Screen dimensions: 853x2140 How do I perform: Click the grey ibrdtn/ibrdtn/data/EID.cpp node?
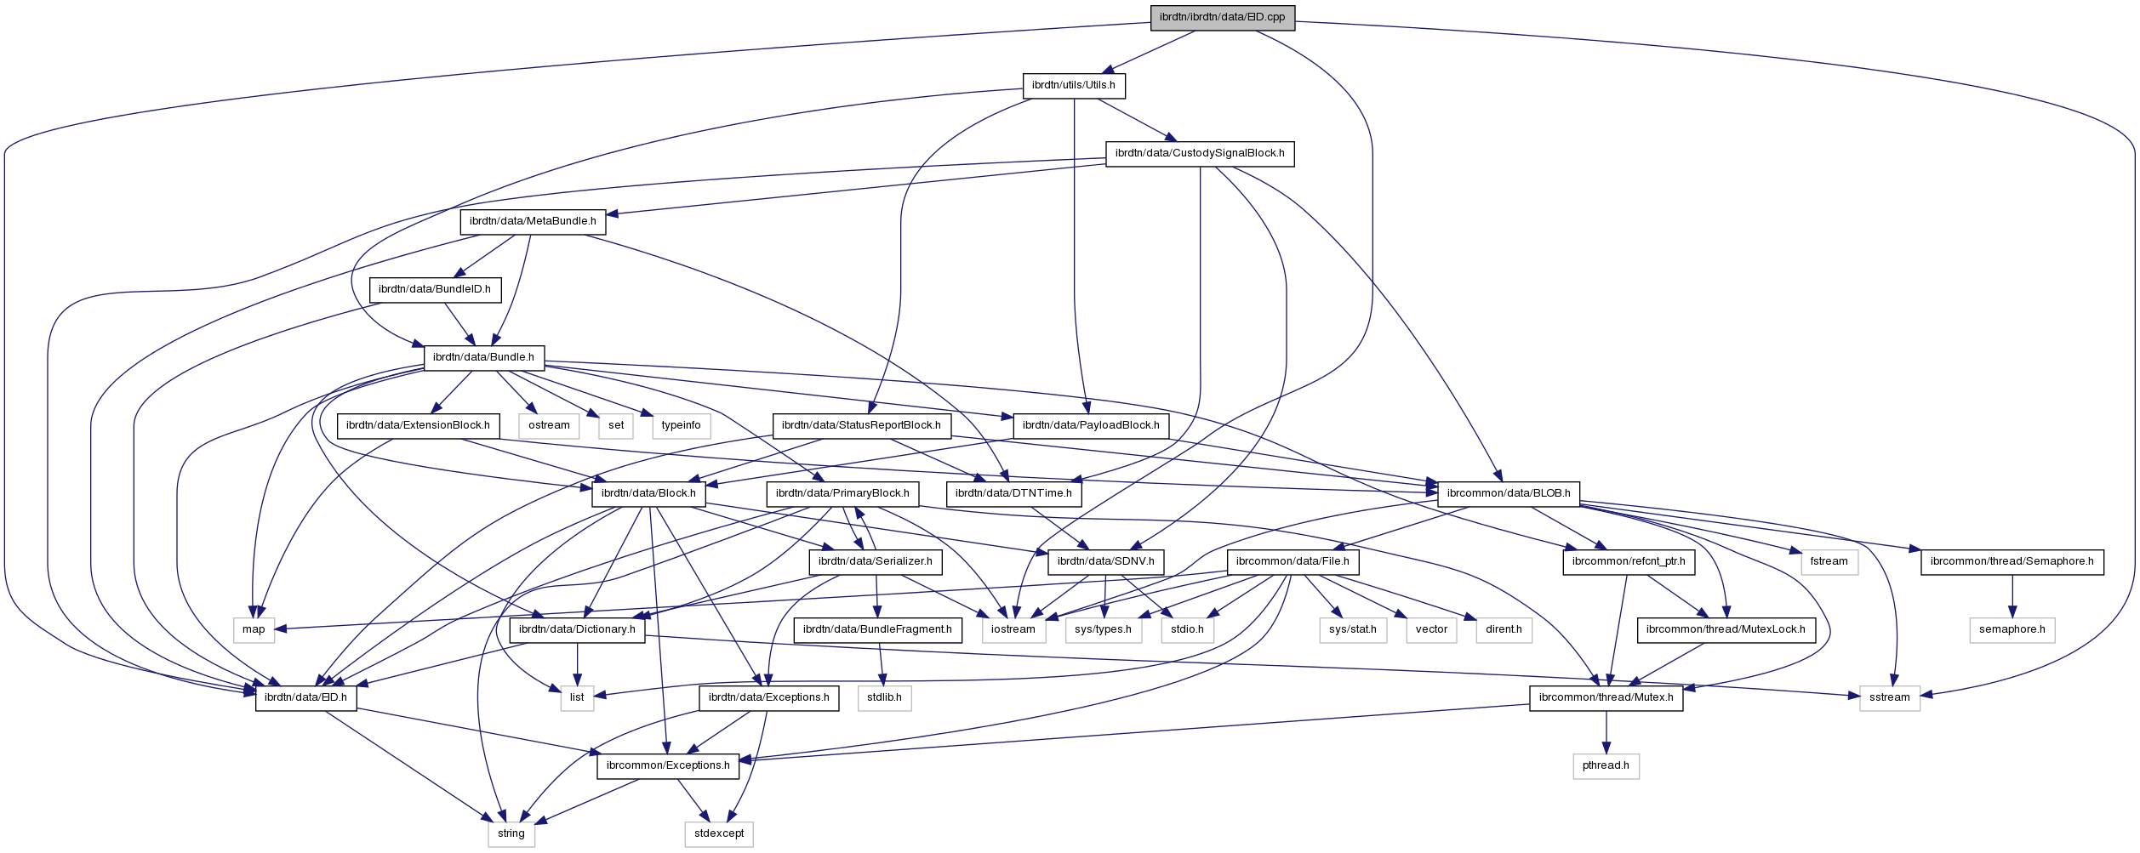[1223, 17]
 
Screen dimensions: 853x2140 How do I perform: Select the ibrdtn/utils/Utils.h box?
[1074, 85]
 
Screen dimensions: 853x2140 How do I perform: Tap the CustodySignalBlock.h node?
[1200, 153]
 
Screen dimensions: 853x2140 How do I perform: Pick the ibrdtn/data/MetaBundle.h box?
[533, 221]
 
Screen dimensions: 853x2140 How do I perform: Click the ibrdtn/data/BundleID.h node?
[435, 289]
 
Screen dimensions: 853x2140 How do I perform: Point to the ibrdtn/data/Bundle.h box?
[483, 357]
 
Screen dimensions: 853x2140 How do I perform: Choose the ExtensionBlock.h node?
[418, 425]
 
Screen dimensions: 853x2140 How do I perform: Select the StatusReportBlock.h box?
[861, 425]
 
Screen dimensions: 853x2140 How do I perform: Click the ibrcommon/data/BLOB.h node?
[1509, 493]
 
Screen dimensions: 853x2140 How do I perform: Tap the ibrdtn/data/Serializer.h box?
[876, 561]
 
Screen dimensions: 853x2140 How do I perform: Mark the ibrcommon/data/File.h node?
[1293, 561]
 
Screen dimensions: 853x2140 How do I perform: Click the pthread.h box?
[1606, 765]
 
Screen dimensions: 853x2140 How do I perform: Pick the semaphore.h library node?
[2012, 629]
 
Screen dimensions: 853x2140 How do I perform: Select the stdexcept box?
[719, 833]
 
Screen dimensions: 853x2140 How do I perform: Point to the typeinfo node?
[681, 425]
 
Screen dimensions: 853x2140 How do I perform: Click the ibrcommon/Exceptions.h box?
[668, 765]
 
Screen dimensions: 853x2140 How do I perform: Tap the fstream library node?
[1829, 561]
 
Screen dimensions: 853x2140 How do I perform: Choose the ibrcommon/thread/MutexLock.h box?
[1726, 629]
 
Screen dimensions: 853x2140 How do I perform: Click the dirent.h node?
[1504, 629]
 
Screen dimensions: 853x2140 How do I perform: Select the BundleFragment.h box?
[877, 629]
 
